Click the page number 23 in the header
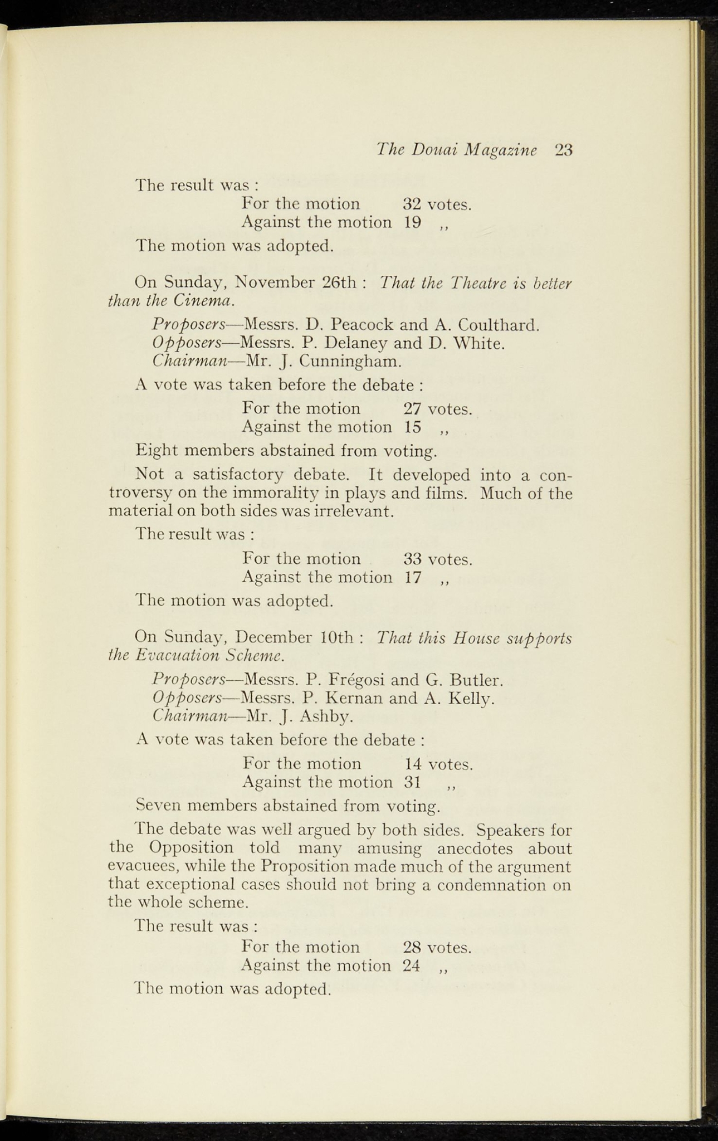(563, 150)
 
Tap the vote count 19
(412, 223)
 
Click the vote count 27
(412, 409)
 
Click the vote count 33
(413, 558)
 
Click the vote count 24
(411, 966)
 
